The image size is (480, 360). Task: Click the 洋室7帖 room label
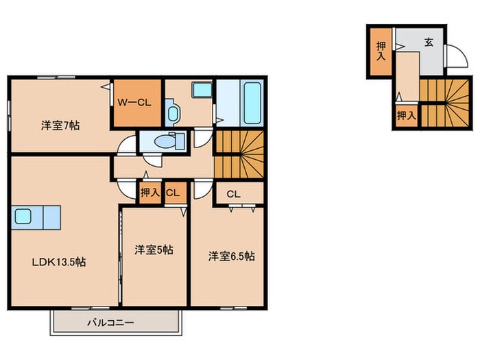point(58,125)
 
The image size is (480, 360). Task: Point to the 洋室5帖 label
point(153,250)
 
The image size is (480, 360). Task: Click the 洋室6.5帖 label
point(231,256)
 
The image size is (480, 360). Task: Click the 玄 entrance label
point(429,43)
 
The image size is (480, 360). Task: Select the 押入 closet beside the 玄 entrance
point(381,50)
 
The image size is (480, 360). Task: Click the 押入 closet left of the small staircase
point(406,115)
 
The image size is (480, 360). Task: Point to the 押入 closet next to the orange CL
point(149,193)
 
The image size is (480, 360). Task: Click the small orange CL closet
point(173,193)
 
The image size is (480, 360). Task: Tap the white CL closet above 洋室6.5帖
point(233,193)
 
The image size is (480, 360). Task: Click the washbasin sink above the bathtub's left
point(201,90)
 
